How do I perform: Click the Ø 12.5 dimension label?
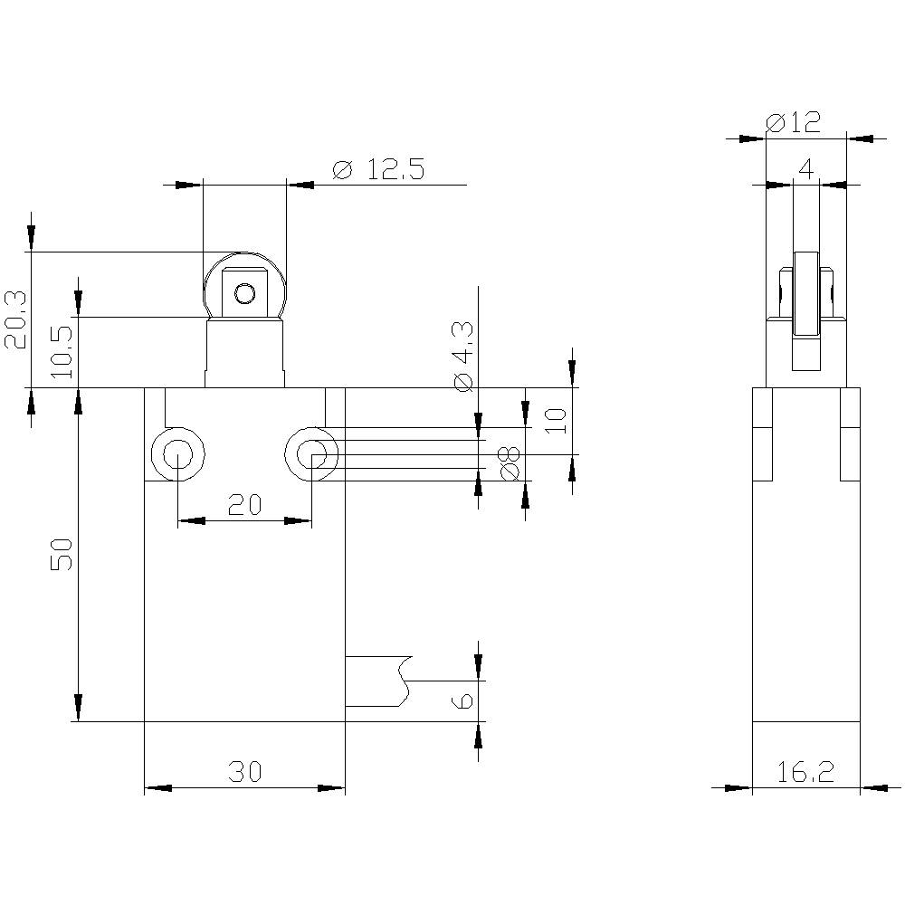377,169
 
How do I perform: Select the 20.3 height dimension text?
17,319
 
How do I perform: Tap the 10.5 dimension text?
64,354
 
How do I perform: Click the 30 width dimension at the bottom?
244,772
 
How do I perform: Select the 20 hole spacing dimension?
244,505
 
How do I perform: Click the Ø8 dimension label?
509,462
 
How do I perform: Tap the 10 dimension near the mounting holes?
557,419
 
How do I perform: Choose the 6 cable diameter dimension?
462,701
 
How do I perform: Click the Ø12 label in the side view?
793,122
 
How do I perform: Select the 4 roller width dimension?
806,168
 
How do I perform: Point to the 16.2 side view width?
805,772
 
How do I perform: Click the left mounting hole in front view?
178,452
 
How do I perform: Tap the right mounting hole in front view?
311,452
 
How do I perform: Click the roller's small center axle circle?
244,293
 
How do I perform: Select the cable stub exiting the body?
376,680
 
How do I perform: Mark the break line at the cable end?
405,681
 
